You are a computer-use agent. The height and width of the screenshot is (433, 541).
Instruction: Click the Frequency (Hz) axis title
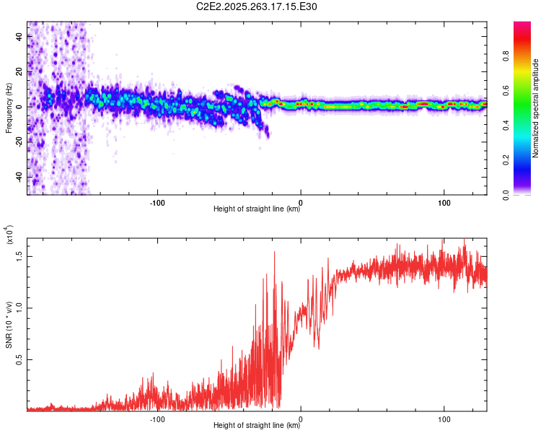[x=9, y=108]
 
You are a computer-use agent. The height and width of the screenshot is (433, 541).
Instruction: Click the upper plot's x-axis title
[x=257, y=209]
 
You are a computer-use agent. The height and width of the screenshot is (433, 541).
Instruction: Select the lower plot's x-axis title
[x=257, y=425]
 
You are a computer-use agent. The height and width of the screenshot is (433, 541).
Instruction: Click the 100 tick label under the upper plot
[x=444, y=201]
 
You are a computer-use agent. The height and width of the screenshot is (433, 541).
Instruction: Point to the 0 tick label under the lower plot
[x=301, y=417]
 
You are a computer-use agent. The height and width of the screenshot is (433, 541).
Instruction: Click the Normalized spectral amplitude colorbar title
[x=536, y=108]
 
